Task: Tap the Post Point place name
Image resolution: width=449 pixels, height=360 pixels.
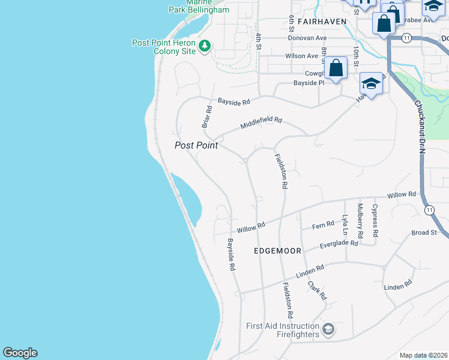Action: [196, 145]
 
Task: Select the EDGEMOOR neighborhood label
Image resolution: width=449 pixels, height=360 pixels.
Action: [277, 251]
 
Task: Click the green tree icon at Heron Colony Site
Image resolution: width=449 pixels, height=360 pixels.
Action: [205, 46]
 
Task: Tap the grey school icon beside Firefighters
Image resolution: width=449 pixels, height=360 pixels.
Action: [328, 329]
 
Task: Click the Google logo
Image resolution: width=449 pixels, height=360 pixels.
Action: [20, 353]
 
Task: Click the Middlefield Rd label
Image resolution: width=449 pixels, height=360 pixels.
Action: [261, 123]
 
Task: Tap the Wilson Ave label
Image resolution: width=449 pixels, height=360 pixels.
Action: [302, 56]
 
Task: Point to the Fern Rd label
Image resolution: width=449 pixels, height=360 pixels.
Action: [323, 226]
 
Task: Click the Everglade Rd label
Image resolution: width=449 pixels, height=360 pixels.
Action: [339, 244]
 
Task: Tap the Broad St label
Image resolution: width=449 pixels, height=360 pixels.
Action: [424, 232]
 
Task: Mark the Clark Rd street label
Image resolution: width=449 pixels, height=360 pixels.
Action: [317, 290]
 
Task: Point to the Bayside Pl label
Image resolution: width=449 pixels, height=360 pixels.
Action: [309, 83]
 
